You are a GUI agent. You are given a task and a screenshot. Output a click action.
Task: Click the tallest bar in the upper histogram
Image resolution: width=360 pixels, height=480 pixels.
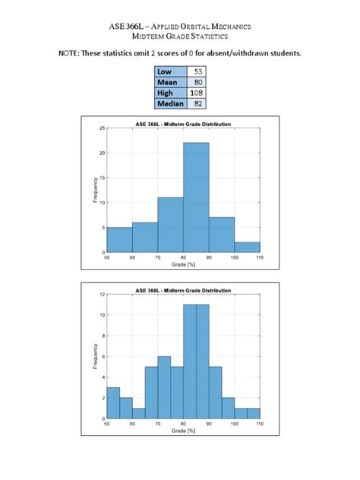(x=196, y=197)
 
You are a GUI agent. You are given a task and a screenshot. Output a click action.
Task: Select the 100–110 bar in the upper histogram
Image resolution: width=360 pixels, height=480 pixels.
(x=247, y=247)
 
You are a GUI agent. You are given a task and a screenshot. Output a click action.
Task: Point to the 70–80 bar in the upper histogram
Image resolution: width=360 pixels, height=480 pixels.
(x=170, y=225)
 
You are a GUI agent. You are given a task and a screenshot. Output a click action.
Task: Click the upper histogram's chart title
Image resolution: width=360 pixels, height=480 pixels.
(x=183, y=124)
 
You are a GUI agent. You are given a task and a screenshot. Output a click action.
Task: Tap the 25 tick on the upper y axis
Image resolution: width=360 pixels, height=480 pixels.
(x=103, y=128)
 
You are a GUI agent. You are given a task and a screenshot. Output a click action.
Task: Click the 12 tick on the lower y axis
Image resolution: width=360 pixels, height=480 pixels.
(x=103, y=294)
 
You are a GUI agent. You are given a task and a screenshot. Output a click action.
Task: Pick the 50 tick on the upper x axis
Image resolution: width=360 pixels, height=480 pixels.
(x=107, y=258)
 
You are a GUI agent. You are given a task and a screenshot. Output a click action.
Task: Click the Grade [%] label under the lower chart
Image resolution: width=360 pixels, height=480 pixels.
(x=183, y=431)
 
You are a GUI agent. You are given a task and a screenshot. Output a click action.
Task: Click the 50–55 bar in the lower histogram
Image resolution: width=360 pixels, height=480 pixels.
(x=113, y=403)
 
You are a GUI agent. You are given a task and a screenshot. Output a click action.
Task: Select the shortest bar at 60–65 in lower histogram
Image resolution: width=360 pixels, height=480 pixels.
(x=138, y=413)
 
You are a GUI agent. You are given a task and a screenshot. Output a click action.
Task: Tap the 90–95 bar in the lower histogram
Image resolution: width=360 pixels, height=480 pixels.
(x=215, y=393)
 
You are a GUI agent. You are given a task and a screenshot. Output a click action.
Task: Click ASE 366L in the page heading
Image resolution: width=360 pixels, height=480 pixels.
(x=127, y=27)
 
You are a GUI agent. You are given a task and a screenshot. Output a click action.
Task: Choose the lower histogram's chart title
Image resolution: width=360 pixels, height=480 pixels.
(x=183, y=289)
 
